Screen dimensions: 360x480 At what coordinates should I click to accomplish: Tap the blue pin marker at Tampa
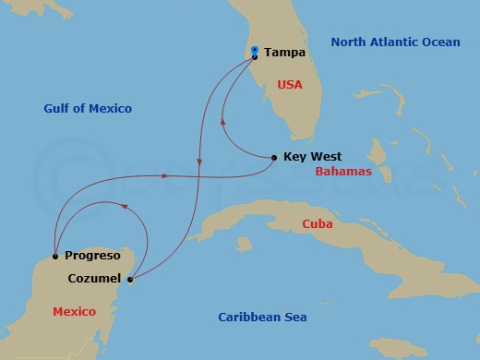coord(254,52)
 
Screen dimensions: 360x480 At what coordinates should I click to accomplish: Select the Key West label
coord(314,158)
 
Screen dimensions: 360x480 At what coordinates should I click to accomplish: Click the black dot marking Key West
coord(273,158)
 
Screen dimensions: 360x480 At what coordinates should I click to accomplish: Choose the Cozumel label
coord(95,277)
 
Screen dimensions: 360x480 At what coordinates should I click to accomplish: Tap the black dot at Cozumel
coord(130,279)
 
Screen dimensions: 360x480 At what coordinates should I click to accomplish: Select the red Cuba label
coord(317,224)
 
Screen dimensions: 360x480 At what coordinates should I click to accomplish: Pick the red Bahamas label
coord(342,172)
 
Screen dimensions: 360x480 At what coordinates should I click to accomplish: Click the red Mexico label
coord(74,312)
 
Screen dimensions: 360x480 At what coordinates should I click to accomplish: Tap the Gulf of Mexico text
coord(88,109)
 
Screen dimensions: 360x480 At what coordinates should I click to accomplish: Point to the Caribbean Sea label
coord(262,318)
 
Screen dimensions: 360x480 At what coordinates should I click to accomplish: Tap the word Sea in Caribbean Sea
coord(295,318)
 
